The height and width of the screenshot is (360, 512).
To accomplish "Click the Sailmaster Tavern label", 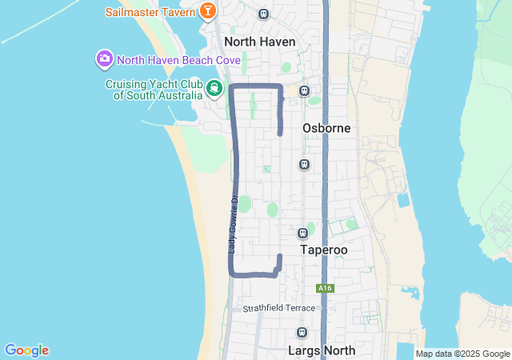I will tap(150, 12).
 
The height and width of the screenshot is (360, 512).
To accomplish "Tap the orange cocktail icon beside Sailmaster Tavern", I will tap(208, 11).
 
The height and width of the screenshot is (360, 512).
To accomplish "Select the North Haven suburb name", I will tap(260, 42).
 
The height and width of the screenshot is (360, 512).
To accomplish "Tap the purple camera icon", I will tap(104, 59).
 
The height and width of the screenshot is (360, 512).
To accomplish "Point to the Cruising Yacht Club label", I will tap(152, 90).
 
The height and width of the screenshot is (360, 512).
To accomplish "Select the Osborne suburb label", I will tap(326, 128).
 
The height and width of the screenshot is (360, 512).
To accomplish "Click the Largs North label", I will tap(321, 350).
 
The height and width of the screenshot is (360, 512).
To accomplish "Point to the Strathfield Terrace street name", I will tap(279, 308).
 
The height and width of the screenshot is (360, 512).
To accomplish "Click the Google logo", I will tap(26, 350).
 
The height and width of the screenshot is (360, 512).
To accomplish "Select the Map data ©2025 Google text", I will tap(462, 354).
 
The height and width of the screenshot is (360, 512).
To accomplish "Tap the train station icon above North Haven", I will tap(263, 14).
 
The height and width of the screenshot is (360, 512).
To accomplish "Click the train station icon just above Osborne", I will tap(304, 91).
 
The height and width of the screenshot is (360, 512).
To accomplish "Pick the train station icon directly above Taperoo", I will tap(302, 233).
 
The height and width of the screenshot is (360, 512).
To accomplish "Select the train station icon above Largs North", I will tap(302, 333).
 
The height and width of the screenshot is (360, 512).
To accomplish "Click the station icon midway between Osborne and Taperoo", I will tap(304, 164).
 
